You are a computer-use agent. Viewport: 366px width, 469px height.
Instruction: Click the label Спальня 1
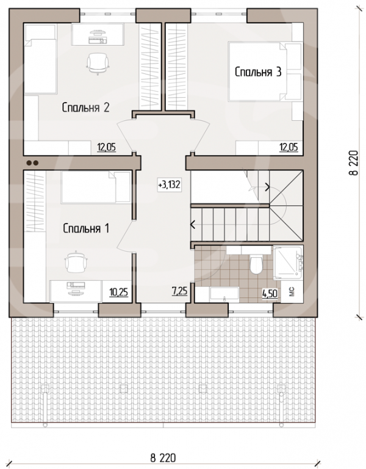click(86, 228)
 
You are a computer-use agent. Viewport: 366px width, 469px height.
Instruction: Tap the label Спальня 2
click(86, 107)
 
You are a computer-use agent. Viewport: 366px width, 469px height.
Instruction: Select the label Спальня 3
click(258, 72)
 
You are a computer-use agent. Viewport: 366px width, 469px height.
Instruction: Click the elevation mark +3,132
click(170, 185)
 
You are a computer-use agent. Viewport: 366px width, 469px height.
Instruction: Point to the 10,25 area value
click(118, 292)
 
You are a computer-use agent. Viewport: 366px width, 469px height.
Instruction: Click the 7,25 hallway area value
click(179, 291)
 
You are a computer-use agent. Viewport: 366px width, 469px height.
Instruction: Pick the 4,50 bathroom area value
click(270, 293)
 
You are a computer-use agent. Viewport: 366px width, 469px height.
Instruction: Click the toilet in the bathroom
click(256, 263)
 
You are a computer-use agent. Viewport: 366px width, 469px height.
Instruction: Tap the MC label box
click(292, 291)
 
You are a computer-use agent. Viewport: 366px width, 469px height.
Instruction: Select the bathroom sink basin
click(224, 293)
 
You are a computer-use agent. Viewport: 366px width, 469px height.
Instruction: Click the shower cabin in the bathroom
click(288, 263)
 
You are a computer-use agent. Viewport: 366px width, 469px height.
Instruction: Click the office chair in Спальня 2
click(98, 64)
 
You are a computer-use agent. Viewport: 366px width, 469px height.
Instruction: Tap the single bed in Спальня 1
click(96, 187)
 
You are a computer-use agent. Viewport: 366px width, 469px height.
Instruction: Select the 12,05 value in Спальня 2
click(106, 147)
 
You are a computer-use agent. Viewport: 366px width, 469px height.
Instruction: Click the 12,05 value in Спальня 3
click(289, 147)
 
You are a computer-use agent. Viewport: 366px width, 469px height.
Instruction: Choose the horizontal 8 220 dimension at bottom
click(163, 458)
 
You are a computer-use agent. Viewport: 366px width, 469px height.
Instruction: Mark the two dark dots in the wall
click(32, 163)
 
